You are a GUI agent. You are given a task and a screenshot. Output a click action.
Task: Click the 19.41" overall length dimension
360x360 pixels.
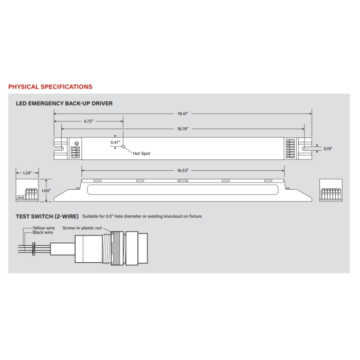pos(183,114)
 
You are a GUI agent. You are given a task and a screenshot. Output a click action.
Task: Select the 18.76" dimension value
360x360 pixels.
pos(183,129)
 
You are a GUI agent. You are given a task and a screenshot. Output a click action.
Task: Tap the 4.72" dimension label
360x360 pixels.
pos(88,121)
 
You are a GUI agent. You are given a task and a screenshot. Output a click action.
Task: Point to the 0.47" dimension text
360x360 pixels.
pos(115,142)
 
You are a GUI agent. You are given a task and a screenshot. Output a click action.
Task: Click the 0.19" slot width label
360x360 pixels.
pos(328,149)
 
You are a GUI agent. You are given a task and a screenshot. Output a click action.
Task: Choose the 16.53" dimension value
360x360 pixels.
pos(183,171)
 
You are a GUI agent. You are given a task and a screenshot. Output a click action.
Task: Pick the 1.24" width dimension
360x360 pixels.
pos(27,173)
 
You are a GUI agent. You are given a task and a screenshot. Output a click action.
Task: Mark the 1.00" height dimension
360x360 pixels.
pos(46,191)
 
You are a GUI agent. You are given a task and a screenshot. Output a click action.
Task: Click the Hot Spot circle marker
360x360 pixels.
pos(123,147)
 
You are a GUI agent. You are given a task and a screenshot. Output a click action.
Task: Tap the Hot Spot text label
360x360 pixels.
pos(141,153)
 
